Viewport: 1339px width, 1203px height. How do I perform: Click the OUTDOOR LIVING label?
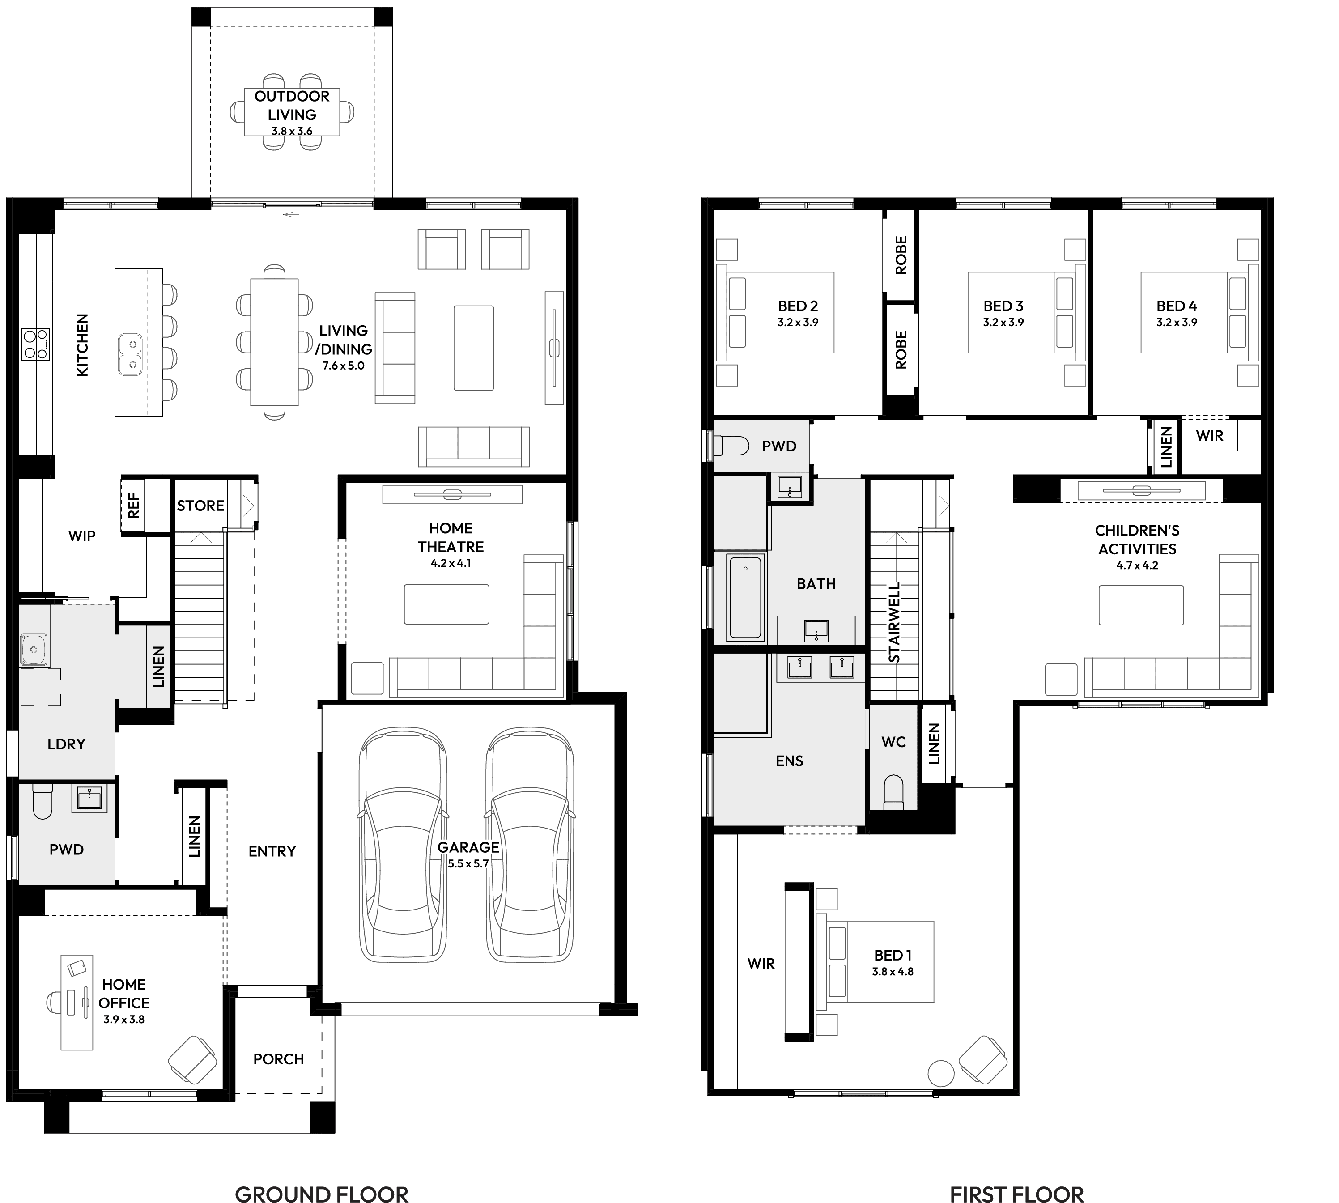(x=291, y=105)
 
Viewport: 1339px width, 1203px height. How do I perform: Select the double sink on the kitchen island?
(x=130, y=354)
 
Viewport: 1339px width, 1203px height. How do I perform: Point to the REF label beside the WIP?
(x=133, y=506)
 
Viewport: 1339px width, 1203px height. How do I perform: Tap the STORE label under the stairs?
(x=200, y=506)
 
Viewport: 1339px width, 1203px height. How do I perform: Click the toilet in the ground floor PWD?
(x=43, y=801)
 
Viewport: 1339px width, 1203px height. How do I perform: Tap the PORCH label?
(x=278, y=1059)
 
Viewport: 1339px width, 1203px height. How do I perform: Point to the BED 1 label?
(x=892, y=955)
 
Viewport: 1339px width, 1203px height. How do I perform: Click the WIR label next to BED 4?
(x=1209, y=436)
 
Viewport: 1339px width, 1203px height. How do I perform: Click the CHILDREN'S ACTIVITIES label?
(x=1137, y=540)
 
